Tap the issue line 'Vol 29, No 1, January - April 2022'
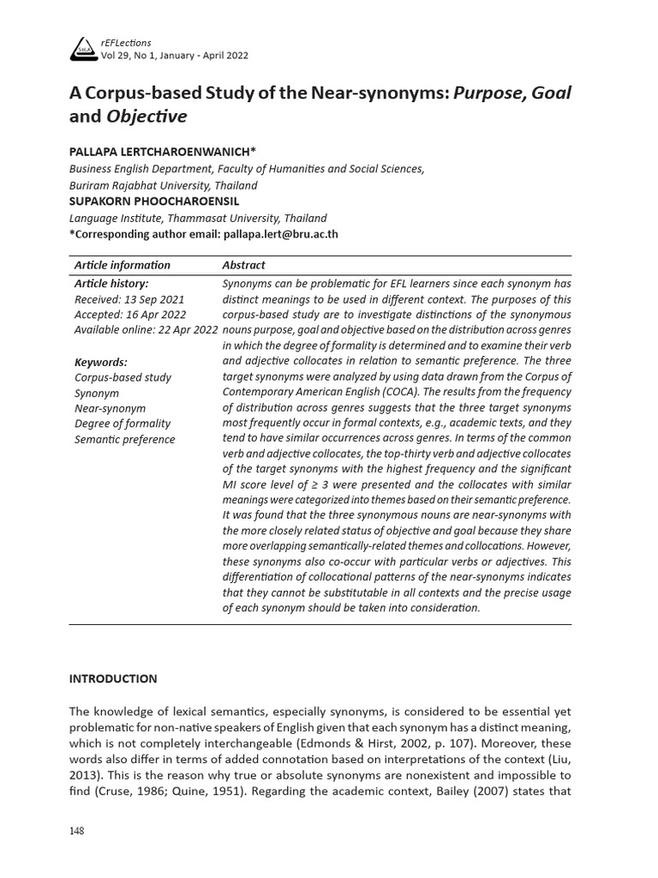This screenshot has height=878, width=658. pos(175,55)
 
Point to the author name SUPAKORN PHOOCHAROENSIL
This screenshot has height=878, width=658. pos(154,201)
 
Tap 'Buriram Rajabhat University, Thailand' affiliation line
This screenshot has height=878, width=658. pos(163,185)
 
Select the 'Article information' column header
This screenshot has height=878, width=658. pos(123,265)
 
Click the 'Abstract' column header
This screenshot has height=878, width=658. pos(243,265)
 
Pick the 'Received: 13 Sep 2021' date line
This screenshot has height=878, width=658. pos(129,299)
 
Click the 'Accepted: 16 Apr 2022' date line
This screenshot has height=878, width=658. pos(129,315)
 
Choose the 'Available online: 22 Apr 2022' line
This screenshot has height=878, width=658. pos(146,330)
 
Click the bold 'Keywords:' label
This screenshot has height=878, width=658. pos(100,362)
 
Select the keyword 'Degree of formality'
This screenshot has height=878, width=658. pos(123,424)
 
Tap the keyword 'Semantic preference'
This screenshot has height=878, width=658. pos(124,439)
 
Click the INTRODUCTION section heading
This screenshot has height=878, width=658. pos(113,678)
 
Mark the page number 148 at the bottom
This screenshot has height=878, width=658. pos(77,831)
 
